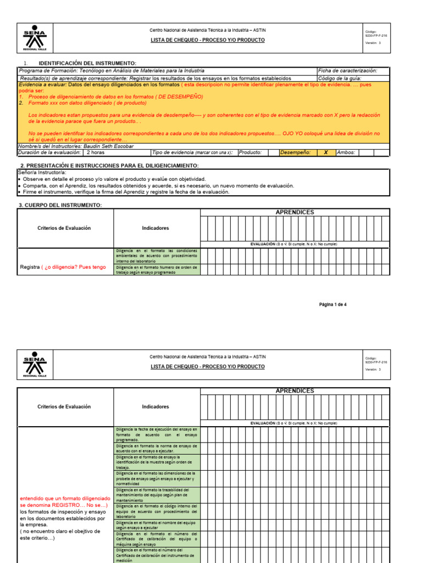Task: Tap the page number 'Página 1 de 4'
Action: [x=333, y=304]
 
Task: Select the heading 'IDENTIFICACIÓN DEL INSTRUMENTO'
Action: [x=87, y=64]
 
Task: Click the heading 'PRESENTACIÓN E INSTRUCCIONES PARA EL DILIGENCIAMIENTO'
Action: [x=109, y=165]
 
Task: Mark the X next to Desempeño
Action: [x=325, y=152]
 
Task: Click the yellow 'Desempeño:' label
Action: [x=295, y=152]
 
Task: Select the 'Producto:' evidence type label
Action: [x=251, y=152]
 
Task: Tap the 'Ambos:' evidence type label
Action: [x=346, y=152]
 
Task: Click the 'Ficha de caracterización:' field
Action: [x=347, y=71]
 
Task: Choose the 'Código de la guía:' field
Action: [x=340, y=78]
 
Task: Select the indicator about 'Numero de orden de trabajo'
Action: [x=157, y=269]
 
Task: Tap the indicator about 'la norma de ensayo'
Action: [x=157, y=448]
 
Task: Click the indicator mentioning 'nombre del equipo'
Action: [x=157, y=525]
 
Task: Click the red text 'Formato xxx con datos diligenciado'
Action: [x=82, y=103]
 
